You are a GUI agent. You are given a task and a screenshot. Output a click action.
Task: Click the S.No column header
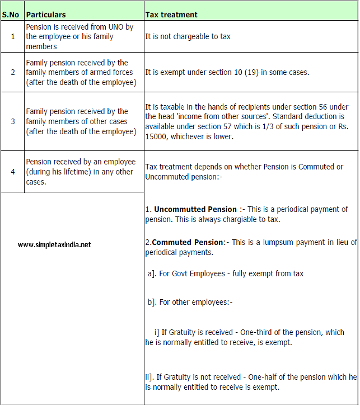[12, 14]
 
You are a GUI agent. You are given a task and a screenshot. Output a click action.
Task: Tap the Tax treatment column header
[171, 14]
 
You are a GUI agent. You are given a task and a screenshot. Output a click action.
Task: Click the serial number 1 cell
[12, 36]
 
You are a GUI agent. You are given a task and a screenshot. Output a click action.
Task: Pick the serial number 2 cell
[12, 73]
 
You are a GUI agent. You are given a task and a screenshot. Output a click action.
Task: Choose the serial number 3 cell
[12, 121]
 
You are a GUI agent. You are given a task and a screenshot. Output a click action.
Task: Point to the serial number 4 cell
[12, 171]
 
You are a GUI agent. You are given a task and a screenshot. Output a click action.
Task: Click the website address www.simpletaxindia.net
[54, 244]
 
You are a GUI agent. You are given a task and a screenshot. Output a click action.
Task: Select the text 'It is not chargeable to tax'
[188, 36]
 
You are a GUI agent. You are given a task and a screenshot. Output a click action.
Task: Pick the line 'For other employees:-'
[190, 302]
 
